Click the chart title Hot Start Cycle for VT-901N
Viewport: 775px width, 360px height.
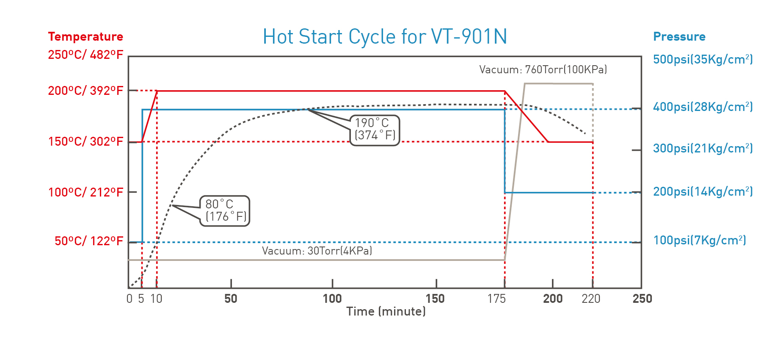[x=384, y=36]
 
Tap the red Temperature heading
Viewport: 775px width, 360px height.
[x=85, y=36]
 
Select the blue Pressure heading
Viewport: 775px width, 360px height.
[x=679, y=36]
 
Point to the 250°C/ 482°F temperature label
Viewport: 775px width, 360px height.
[x=85, y=55]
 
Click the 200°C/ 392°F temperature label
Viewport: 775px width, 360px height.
[x=85, y=91]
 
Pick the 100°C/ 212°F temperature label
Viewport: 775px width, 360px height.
[x=85, y=192]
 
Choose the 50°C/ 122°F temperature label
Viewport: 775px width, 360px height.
[x=89, y=241]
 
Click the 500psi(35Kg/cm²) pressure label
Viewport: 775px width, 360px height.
[x=703, y=59]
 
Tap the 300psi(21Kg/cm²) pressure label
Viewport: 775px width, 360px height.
[x=703, y=148]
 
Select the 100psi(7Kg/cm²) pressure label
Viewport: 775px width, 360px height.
[x=699, y=240]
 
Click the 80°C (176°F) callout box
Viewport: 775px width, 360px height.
[x=225, y=211]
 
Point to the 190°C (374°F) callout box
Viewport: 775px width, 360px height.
[x=375, y=130]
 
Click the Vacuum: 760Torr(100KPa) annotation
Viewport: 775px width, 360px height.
[x=543, y=69]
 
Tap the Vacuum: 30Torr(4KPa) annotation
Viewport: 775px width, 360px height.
[x=317, y=251]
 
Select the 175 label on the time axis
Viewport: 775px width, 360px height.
[x=496, y=299]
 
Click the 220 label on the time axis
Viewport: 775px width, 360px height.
[x=591, y=299]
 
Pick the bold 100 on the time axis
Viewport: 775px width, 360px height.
[x=332, y=299]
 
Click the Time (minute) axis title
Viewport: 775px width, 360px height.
[x=386, y=312]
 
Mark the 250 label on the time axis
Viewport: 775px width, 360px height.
[x=642, y=299]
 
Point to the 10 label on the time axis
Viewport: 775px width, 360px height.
[x=156, y=299]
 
